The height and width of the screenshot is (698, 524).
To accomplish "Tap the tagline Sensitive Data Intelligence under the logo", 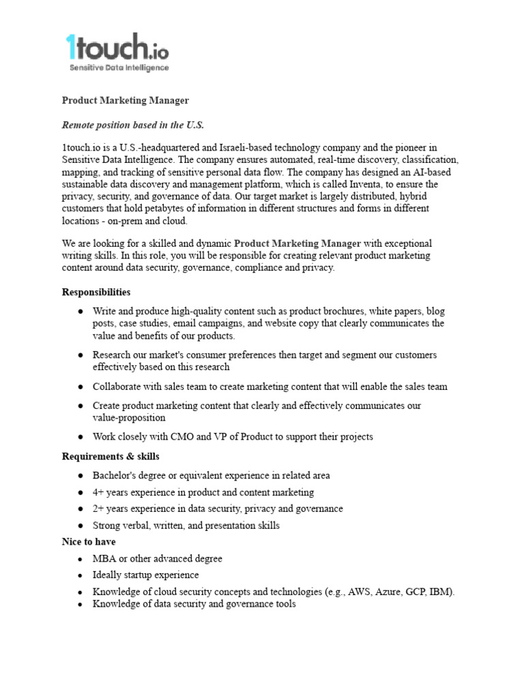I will (119, 67).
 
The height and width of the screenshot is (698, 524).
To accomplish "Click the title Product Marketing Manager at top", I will (126, 100).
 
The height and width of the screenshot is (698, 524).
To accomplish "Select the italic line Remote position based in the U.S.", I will (133, 125).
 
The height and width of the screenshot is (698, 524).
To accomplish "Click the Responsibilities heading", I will (96, 292).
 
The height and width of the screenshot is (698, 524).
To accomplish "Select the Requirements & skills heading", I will (111, 456).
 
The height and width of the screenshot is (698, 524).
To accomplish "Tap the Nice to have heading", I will (89, 542).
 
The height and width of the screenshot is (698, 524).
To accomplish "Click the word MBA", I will (104, 559).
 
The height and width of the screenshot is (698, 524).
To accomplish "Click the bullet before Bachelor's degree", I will (81, 475).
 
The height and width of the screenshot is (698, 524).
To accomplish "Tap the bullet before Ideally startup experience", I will (81, 575).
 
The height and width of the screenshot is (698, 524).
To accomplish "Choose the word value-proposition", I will (129, 418).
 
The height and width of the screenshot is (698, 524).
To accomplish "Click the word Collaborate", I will (117, 386).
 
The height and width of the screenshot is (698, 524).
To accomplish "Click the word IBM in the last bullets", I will (441, 592).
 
